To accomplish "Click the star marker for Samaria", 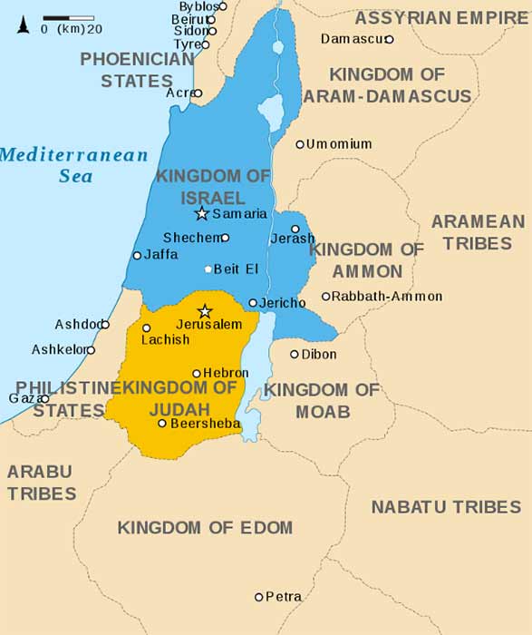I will pos(201,214).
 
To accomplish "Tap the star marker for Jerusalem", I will pos(205,311).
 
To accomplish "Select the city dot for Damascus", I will pos(389,39).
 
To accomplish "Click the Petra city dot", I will pos(258,597).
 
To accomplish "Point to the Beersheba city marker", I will pos(162,423).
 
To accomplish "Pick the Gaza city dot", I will pos(44,398).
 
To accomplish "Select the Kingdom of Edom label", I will pos(205,527).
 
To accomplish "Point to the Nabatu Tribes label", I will pos(446,507).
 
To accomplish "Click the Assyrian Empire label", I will pos(441,18).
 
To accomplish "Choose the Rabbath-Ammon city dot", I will pos(326,297).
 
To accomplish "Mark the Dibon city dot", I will pos(295,354).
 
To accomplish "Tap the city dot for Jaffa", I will pos(137,255).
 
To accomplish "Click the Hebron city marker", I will pos(197,373).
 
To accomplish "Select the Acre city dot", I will pos(198,93).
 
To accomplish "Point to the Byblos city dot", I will pos(223,6).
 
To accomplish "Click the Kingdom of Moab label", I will pos(322,401).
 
